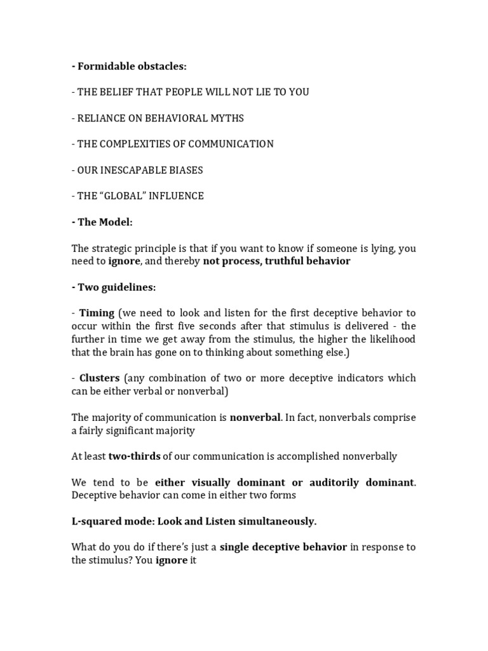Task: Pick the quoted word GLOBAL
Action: pos(125,196)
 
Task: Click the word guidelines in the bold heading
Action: pos(130,287)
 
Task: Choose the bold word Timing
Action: pos(97,313)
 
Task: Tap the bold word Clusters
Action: pos(99,378)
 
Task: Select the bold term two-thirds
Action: pos(135,456)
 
